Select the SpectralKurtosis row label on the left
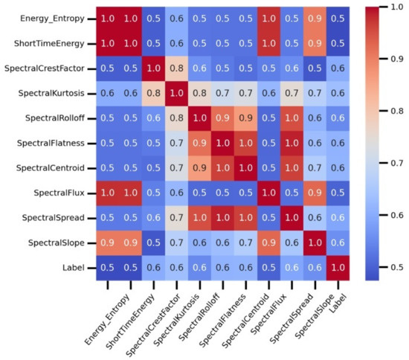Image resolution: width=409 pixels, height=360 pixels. pos(60,96)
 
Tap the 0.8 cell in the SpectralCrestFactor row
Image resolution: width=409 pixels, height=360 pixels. pos(173,70)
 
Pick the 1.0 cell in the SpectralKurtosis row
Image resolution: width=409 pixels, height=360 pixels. pos(173,96)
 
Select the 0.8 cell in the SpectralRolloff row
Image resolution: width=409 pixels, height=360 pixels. pos(173,121)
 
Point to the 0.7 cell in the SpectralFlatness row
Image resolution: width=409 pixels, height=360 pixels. pos(173,147)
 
